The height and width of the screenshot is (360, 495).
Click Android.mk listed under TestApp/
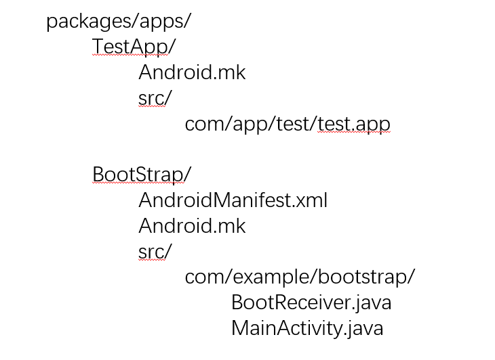(192, 72)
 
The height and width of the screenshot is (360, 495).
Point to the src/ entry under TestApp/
(155, 98)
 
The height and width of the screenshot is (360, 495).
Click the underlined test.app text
(353, 125)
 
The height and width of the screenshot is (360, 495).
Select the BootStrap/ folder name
(142, 175)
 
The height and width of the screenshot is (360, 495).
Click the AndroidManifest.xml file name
(233, 200)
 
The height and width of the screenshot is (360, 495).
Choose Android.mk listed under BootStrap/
(192, 226)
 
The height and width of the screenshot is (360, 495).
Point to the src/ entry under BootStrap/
(155, 252)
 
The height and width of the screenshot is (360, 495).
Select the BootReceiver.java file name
(311, 302)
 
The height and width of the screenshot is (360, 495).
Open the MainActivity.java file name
(307, 328)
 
